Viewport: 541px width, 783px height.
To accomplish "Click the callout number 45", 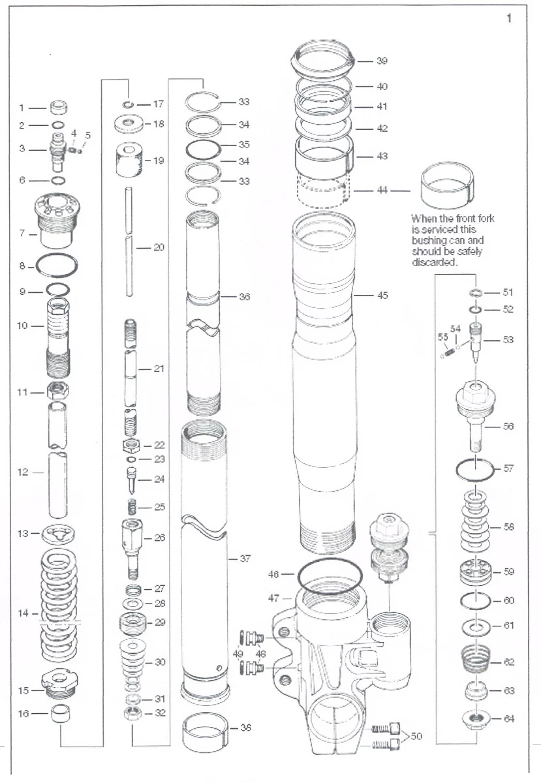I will coord(382,296).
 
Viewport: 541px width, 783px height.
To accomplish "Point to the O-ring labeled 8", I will coord(57,266).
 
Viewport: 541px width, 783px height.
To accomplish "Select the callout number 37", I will coord(245,559).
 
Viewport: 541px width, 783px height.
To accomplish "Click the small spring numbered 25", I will coord(132,506).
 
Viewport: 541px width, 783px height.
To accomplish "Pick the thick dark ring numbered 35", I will coord(203,145).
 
